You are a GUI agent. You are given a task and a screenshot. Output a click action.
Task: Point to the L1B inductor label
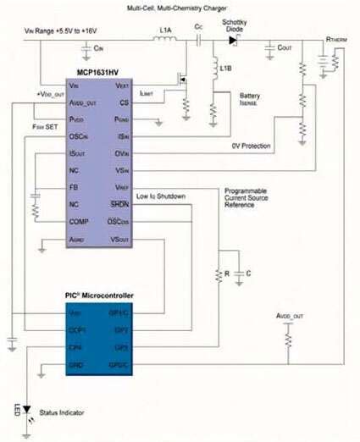(226, 68)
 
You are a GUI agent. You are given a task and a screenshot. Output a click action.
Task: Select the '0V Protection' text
(252, 146)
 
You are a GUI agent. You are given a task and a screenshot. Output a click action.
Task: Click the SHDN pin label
(142, 204)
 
